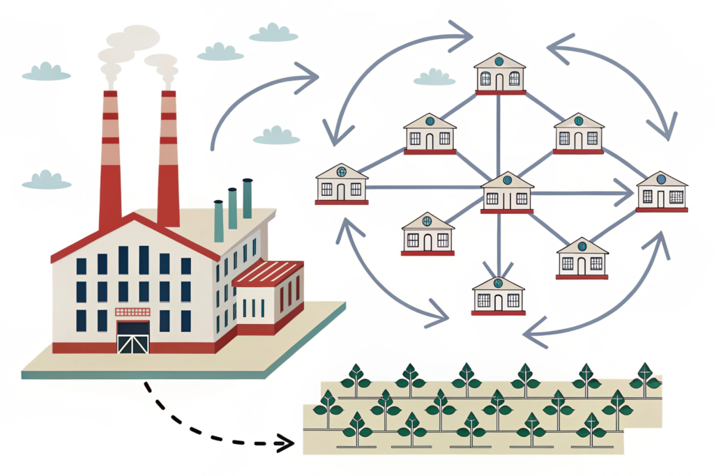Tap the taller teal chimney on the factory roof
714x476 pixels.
tap(248, 199)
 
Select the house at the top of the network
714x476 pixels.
tap(499, 74)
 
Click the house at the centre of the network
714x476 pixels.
tap(507, 192)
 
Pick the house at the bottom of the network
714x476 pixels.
tap(498, 295)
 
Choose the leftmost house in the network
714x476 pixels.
tap(342, 184)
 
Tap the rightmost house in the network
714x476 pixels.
tap(662, 191)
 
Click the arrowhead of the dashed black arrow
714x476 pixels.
tap(284, 442)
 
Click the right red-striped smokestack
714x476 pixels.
tap(168, 160)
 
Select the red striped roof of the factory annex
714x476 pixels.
tap(268, 272)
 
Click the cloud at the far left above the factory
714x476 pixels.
tap(46, 71)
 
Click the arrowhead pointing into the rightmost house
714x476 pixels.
tap(624, 188)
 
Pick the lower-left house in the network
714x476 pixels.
tap(427, 234)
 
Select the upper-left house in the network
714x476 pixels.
tap(430, 134)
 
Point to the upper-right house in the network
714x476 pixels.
tap(578, 133)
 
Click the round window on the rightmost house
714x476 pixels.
tap(661, 179)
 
